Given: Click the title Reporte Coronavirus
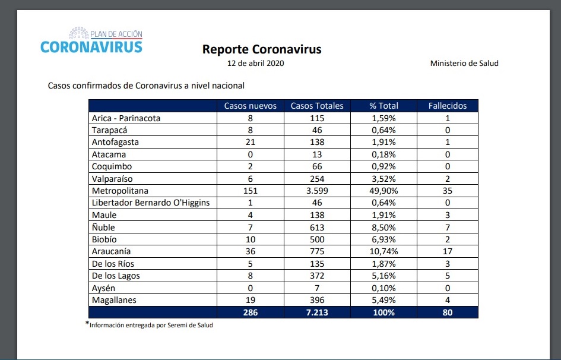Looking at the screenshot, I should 262,49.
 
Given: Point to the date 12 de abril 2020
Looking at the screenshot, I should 256,64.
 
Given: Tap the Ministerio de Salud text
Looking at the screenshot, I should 464,64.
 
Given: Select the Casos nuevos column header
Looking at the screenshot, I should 250,106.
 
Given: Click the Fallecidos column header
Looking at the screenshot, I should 448,106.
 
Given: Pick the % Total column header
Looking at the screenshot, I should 383,106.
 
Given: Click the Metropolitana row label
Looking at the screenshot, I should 120,191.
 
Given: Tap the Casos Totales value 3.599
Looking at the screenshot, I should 316,191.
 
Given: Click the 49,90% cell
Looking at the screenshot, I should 383,191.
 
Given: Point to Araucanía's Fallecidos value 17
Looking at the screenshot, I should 448,251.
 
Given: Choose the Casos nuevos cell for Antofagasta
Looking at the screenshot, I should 250,143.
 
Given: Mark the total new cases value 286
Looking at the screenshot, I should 250,312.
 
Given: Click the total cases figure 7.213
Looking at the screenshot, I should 316,312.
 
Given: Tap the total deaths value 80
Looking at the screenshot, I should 448,312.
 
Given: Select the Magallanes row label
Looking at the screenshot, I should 114,300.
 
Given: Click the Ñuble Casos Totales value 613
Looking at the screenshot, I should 316,228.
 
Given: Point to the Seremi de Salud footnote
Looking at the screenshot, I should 151,325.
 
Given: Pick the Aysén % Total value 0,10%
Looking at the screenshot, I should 383,288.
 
